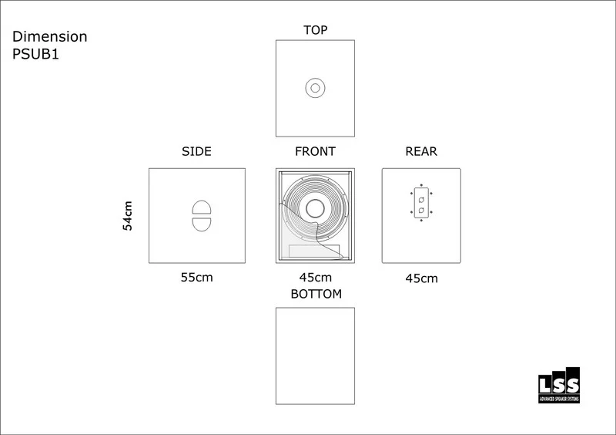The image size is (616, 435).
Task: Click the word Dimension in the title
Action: pyautogui.click(x=50, y=36)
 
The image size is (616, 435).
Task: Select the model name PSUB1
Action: pyautogui.click(x=36, y=54)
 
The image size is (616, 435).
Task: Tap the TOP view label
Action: pyautogui.click(x=316, y=30)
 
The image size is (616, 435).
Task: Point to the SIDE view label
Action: pyautogui.click(x=196, y=152)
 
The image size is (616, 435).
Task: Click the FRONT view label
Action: pyautogui.click(x=315, y=152)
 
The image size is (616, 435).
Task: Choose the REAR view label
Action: pyautogui.click(x=421, y=152)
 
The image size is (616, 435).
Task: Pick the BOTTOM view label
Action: pyautogui.click(x=316, y=294)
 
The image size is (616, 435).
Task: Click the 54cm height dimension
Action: pyautogui.click(x=128, y=215)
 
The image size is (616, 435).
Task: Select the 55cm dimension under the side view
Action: pyautogui.click(x=196, y=278)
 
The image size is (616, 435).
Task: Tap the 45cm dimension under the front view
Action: pyautogui.click(x=316, y=278)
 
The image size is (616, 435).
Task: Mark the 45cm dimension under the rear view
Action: pyautogui.click(x=421, y=278)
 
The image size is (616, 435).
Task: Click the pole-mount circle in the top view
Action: pyautogui.click(x=315, y=88)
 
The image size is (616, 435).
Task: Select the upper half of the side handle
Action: pyautogui.click(x=200, y=207)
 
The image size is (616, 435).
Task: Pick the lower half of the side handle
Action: pyautogui.click(x=200, y=224)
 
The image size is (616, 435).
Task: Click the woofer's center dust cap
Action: pyautogui.click(x=315, y=208)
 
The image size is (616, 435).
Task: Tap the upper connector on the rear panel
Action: pyautogui.click(x=421, y=200)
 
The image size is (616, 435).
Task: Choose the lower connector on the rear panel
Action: pyautogui.click(x=421, y=211)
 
